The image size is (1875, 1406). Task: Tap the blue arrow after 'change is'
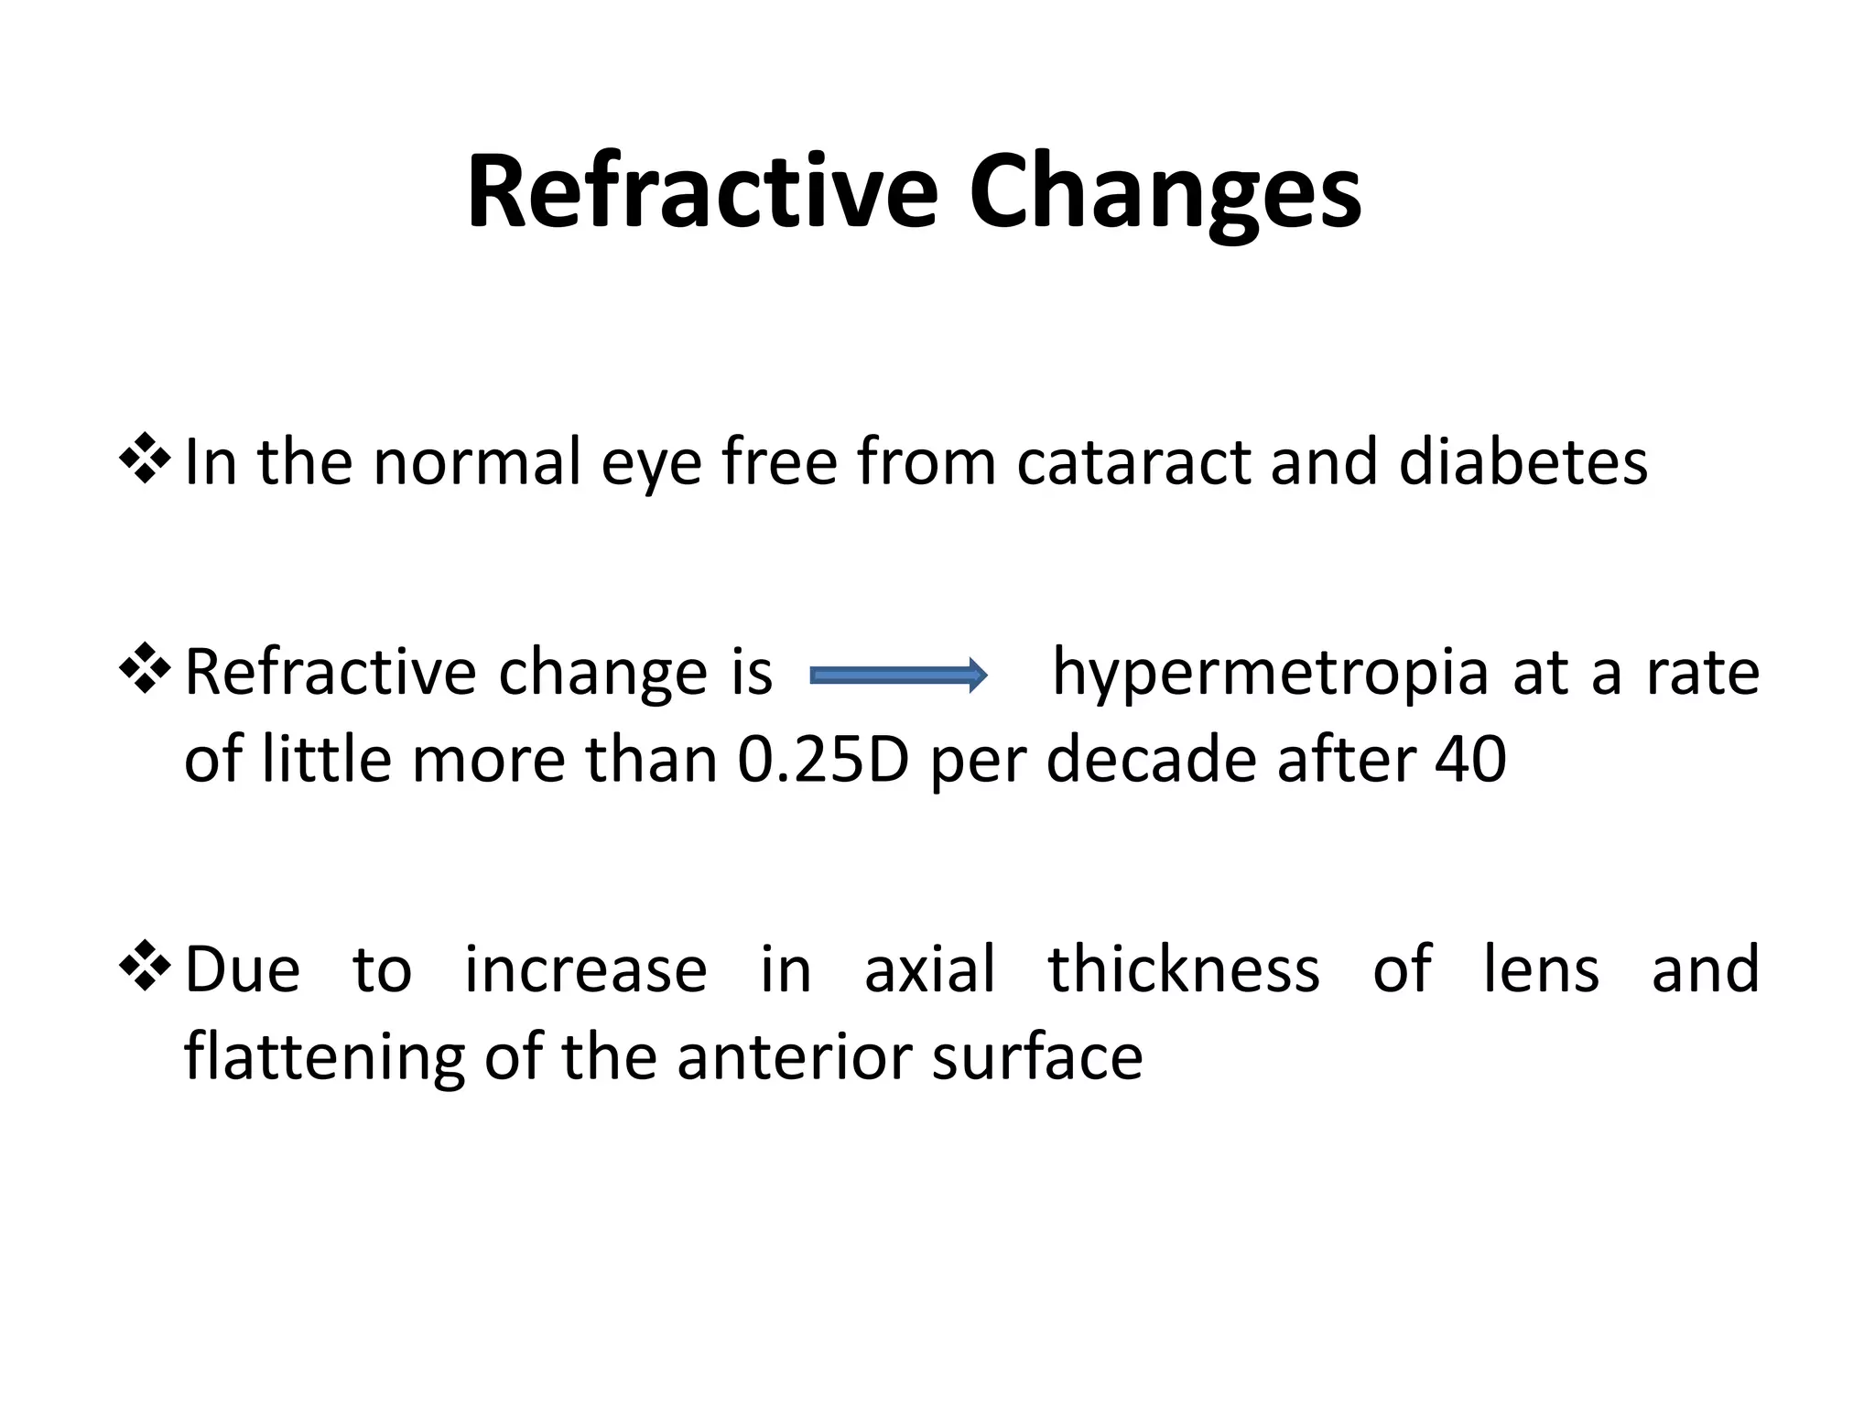click(898, 676)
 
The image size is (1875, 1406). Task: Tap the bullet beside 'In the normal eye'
click(145, 459)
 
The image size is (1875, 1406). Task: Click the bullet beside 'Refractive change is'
click(145, 669)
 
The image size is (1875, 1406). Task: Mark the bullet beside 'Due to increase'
click(145, 967)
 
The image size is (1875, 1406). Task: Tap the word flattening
click(324, 1058)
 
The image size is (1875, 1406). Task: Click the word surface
click(1037, 1056)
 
